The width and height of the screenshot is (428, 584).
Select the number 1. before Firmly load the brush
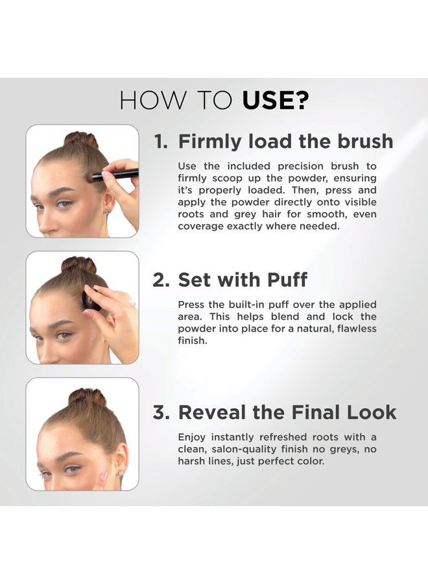[161, 141]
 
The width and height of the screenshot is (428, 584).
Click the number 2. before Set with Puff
[161, 280]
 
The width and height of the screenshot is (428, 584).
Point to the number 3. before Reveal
[161, 412]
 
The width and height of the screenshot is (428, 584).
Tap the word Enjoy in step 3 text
[193, 437]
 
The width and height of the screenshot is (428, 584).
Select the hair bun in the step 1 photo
[80, 139]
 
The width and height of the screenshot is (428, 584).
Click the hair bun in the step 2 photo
[78, 264]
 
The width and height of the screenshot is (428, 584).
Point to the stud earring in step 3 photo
[121, 473]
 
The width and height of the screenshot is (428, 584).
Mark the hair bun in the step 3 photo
[87, 396]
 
